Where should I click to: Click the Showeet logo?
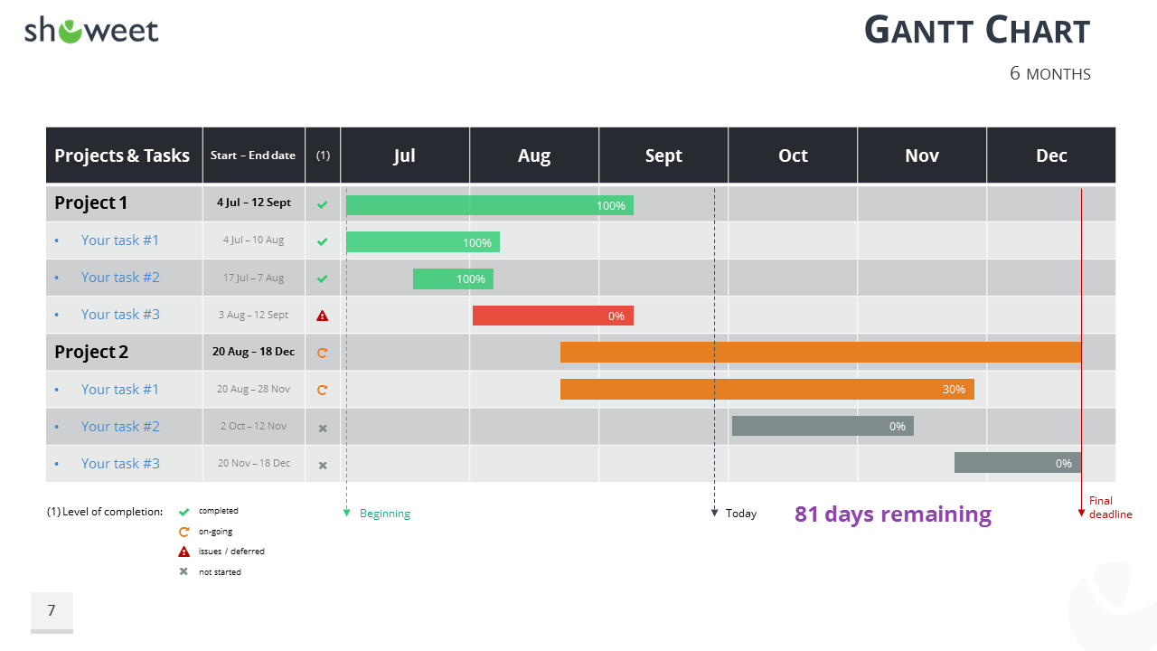click(91, 31)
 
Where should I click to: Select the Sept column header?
click(663, 156)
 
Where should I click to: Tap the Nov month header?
click(922, 156)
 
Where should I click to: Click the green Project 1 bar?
click(489, 205)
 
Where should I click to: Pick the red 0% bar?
click(552, 316)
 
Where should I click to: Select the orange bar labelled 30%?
click(767, 390)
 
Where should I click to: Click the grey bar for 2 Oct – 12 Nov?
click(823, 426)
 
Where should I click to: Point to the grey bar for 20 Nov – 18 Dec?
click(1017, 463)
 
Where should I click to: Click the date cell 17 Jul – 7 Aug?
click(254, 278)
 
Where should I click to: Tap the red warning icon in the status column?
click(323, 316)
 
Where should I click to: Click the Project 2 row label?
click(91, 352)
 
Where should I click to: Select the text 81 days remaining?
click(893, 514)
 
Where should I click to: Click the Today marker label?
click(741, 514)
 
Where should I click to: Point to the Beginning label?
click(385, 514)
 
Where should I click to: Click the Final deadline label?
click(1110, 507)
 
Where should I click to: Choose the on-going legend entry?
click(217, 532)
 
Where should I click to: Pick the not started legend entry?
click(220, 571)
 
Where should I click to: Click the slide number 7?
click(52, 611)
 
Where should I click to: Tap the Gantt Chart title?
click(977, 31)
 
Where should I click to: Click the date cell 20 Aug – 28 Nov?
click(254, 389)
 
